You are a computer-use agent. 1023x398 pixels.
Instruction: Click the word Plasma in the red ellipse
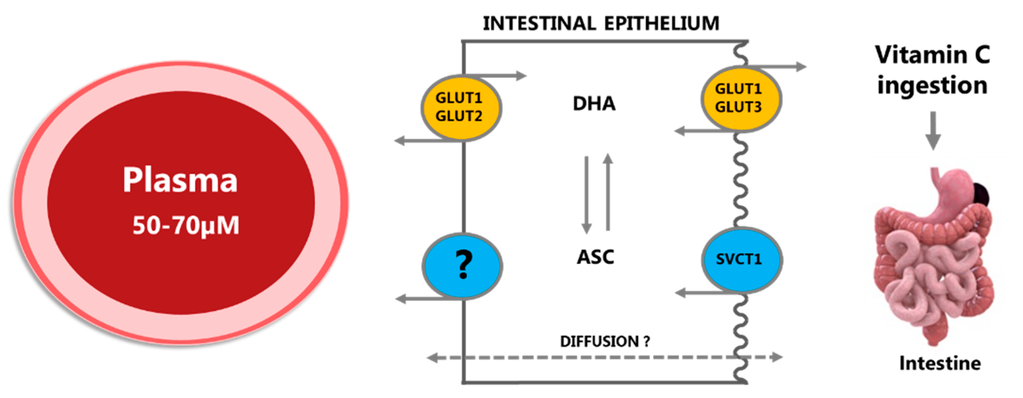180,180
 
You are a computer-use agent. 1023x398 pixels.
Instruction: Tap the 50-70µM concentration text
186,225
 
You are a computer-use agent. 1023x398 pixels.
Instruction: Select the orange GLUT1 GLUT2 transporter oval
461,108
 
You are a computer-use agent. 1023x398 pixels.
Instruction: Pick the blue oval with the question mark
462,265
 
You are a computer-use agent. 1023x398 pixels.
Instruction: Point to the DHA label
594,104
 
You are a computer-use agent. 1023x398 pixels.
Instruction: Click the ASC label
595,257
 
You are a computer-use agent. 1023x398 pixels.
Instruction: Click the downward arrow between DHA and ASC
587,195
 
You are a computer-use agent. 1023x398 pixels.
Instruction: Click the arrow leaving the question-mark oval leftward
421,298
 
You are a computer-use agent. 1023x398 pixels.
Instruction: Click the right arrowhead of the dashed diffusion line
776,357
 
